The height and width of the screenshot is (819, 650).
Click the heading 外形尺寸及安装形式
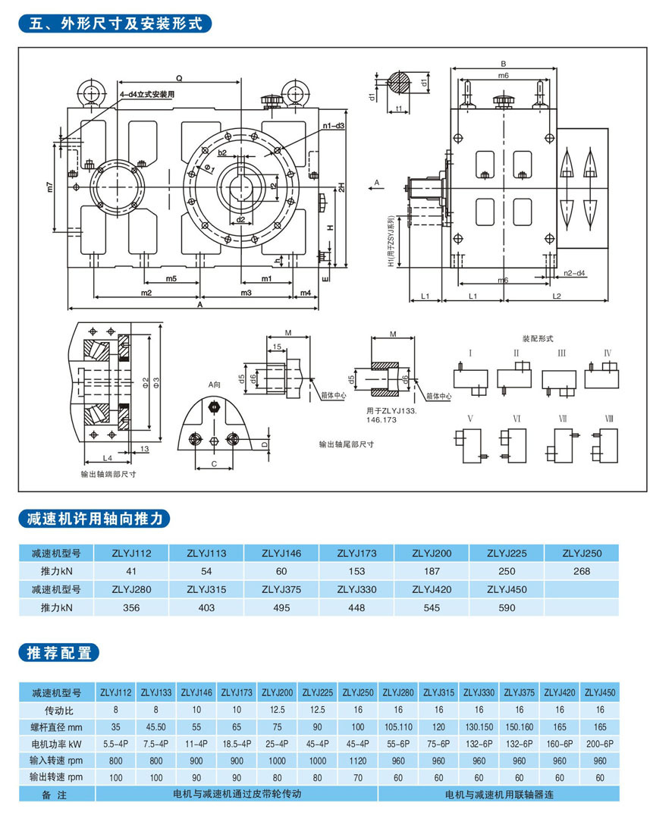tap(115, 23)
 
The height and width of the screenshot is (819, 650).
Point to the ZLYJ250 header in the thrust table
tap(582, 553)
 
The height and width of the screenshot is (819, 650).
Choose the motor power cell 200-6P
tap(601, 745)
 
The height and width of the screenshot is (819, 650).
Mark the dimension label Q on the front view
tap(178, 78)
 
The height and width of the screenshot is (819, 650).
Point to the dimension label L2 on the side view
tap(556, 295)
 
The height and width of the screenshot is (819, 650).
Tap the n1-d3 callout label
tap(333, 125)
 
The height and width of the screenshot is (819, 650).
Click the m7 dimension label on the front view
tap(51, 187)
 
